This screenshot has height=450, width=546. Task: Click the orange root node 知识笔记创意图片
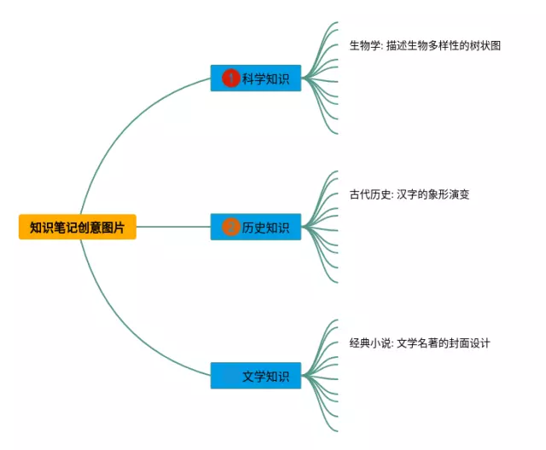pos(77,228)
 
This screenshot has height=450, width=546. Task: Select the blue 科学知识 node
pos(256,78)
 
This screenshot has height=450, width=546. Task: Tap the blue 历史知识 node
pos(256,228)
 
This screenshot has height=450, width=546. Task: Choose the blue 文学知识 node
pos(256,376)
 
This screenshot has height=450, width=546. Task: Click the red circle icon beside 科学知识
pos(230,78)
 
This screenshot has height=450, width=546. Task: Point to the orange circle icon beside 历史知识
pos(230,228)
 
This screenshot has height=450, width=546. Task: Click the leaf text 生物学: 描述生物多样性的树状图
pos(424,45)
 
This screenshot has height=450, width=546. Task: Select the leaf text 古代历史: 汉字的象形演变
pos(409,194)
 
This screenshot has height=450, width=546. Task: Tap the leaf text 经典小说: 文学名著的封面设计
pos(419,343)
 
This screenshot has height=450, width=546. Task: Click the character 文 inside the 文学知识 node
pos(247,376)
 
